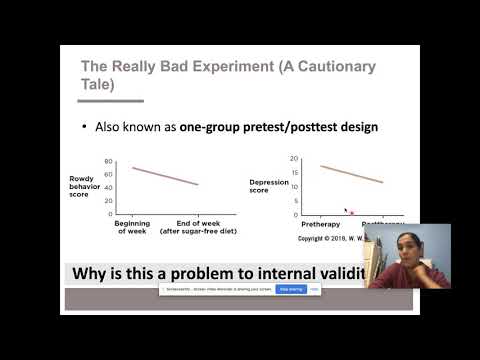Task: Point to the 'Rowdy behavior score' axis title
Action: point(83,186)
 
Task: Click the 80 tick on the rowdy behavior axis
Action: point(108,161)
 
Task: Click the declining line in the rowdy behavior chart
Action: point(165,175)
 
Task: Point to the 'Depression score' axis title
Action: point(268,186)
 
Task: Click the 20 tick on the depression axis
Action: point(295,159)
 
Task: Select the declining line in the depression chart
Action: point(350,174)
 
